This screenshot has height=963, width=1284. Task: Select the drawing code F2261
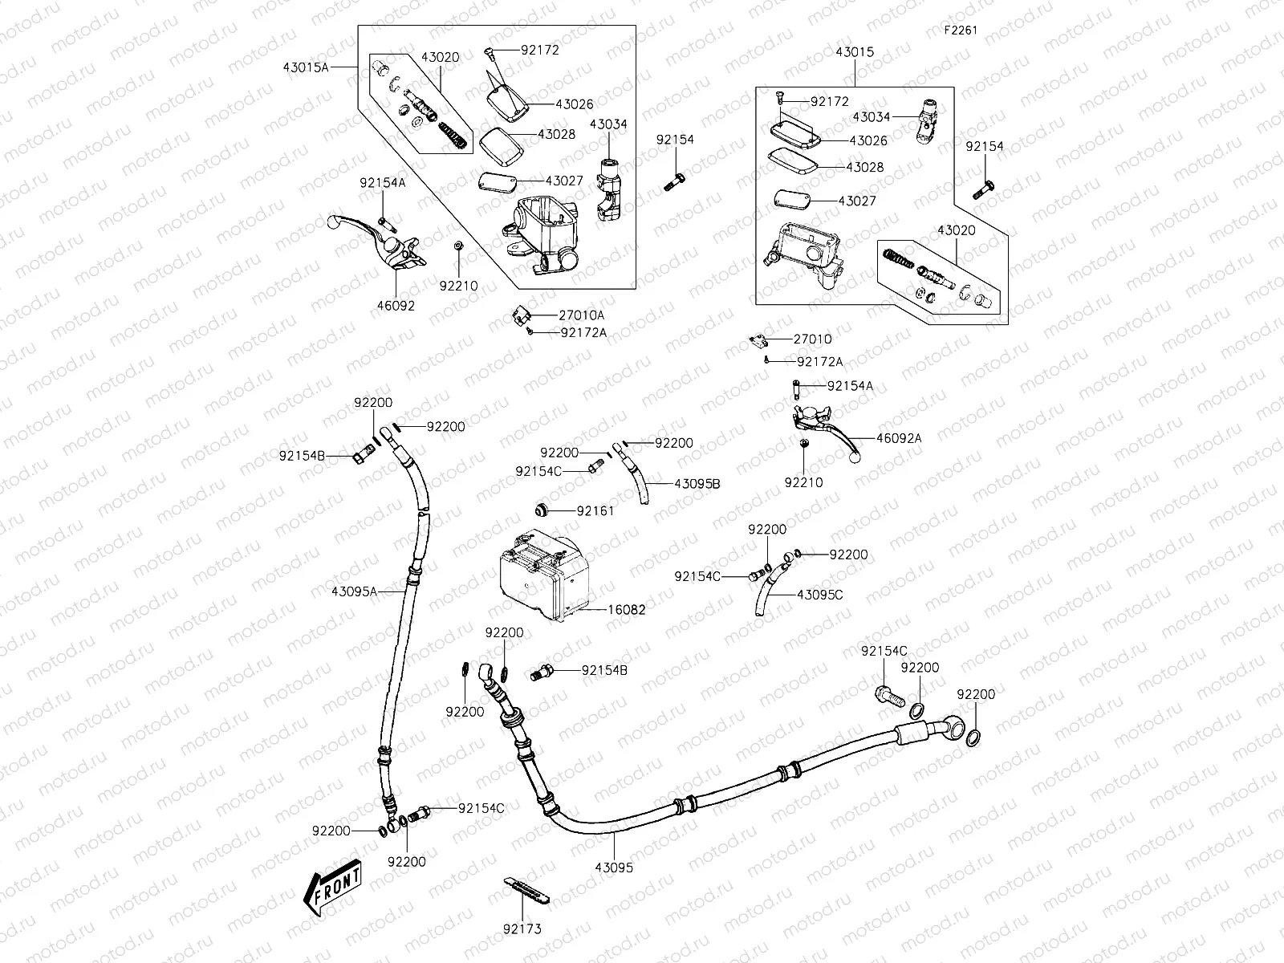coord(960,30)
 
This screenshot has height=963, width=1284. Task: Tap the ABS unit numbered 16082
coord(544,575)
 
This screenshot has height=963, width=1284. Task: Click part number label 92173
coord(522,929)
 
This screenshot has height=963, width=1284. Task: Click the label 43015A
coord(306,68)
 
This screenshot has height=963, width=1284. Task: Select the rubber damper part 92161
coord(542,510)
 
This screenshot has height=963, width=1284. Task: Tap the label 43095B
coord(697,484)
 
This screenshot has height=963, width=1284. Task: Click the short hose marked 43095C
coord(764,595)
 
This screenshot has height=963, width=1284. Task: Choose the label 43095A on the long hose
coord(354,591)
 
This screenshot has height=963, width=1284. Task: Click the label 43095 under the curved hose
coord(614,868)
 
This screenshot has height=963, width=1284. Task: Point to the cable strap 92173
coord(528,888)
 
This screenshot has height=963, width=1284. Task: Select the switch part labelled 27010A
coord(522,315)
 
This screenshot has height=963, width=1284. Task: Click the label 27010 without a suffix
coord(812,339)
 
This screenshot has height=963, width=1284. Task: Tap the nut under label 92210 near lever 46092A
coord(802,443)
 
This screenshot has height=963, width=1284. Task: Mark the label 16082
coord(626,610)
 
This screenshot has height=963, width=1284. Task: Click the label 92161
coord(595,511)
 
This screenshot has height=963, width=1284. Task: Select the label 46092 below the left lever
coord(396,306)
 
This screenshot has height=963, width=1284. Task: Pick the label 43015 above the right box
coord(855,51)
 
